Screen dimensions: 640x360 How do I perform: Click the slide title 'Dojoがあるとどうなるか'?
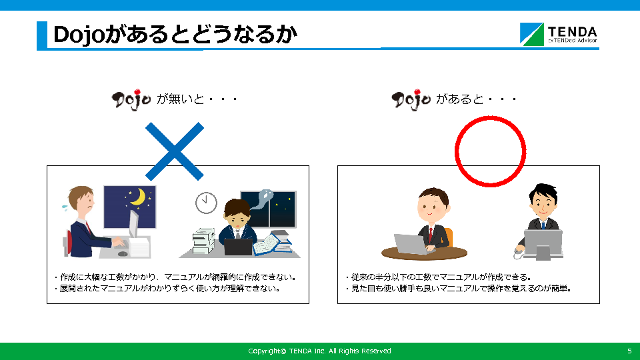pos(175,34)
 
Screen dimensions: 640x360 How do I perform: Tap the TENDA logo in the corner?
pos(559,34)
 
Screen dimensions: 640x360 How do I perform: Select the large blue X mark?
pos(175,151)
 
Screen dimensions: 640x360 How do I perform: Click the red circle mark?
pos(490,151)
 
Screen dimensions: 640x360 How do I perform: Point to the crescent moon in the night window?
pos(139,196)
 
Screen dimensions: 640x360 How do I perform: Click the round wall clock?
pos(206,203)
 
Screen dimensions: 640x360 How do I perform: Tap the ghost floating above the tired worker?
pos(262,199)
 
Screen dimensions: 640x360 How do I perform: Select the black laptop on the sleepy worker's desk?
pos(239,247)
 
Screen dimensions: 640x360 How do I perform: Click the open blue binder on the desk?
pos(270,245)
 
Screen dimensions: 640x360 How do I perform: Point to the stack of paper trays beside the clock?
pos(203,241)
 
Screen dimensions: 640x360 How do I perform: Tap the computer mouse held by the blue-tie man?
pos(517,254)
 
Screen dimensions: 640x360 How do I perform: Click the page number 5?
pos(629,351)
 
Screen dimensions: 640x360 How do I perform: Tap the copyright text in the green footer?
pos(319,351)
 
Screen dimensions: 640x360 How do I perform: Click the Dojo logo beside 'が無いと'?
pos(131,99)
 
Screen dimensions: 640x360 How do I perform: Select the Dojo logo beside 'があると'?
pos(411,99)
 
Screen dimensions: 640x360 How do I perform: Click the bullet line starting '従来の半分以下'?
pos(439,277)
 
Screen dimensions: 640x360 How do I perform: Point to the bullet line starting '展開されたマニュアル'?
pos(167,289)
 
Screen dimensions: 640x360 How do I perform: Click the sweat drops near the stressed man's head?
pos(65,207)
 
